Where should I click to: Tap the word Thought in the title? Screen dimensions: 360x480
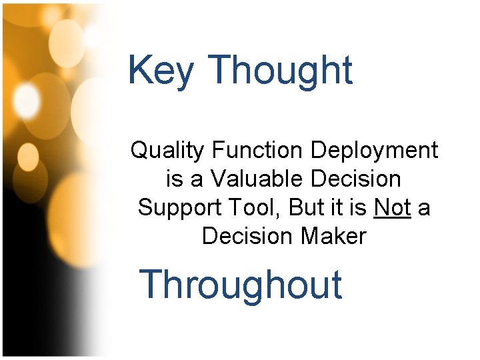(280, 71)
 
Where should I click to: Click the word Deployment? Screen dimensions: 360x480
(375, 151)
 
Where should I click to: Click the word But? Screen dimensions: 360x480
(306, 207)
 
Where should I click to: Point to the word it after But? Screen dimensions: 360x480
(335, 207)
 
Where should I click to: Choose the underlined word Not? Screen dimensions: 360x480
(393, 207)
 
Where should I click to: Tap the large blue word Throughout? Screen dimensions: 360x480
(241, 284)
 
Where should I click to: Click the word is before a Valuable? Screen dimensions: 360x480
(173, 179)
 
